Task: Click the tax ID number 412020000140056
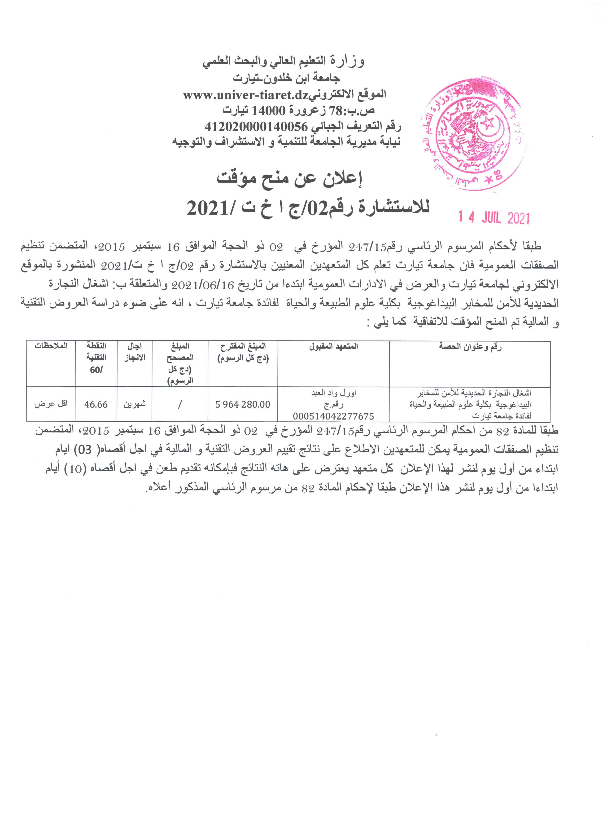(257, 127)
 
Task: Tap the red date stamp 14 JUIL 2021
(494, 218)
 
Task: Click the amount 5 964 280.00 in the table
(242, 404)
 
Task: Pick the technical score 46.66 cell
(96, 404)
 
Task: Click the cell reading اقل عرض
(51, 404)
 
